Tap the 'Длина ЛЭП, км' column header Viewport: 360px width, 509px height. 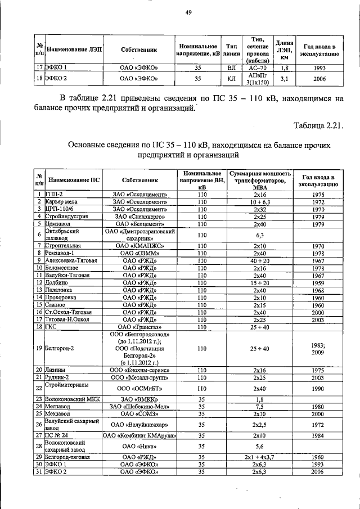pyautogui.click(x=285, y=49)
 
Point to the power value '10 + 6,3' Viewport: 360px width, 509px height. pyautogui.click(x=259, y=201)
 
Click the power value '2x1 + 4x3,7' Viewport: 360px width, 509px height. pyautogui.click(x=259, y=458)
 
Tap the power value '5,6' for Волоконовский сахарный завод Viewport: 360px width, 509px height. pyautogui.click(x=259, y=447)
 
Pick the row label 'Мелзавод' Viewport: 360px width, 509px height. pyautogui.click(x=58, y=406)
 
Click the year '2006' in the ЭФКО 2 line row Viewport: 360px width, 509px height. pyautogui.click(x=320, y=79)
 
